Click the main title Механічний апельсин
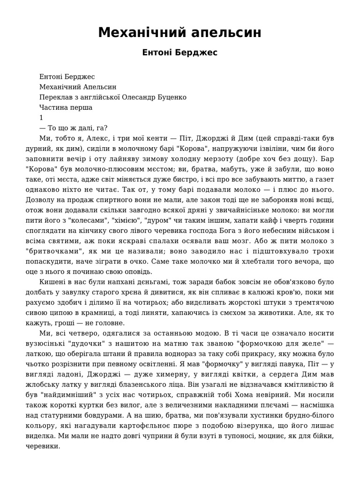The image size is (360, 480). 180,33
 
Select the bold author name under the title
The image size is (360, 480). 180,53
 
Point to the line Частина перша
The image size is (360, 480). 66,107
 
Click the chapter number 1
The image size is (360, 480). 42,118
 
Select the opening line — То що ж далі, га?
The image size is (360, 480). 74,128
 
